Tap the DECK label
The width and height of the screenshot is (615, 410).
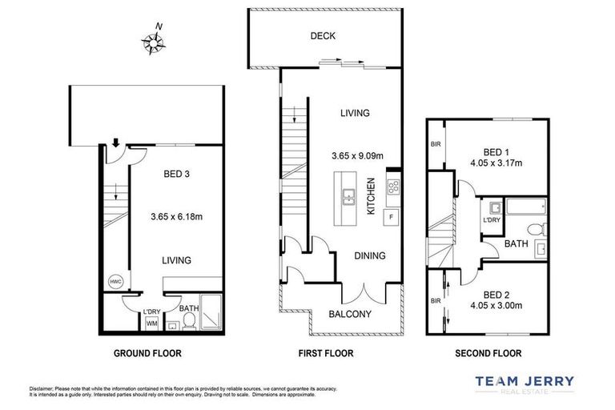pyautogui.click(x=324, y=36)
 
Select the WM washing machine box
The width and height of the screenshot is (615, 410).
pyautogui.click(x=151, y=324)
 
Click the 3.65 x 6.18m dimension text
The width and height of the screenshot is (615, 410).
pyautogui.click(x=177, y=215)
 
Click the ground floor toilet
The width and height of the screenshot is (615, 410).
pyautogui.click(x=190, y=322)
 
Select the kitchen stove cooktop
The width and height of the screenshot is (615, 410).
pyautogui.click(x=393, y=187)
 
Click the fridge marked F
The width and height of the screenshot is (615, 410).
pyautogui.click(x=392, y=217)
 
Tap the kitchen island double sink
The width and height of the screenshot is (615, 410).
pyautogui.click(x=348, y=196)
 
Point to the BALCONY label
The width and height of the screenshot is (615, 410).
pyautogui.click(x=350, y=315)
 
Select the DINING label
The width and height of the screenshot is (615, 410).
pyautogui.click(x=369, y=256)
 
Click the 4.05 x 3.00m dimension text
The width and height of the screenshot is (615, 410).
pyautogui.click(x=496, y=305)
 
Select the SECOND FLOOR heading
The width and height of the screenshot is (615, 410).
pyautogui.click(x=488, y=353)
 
